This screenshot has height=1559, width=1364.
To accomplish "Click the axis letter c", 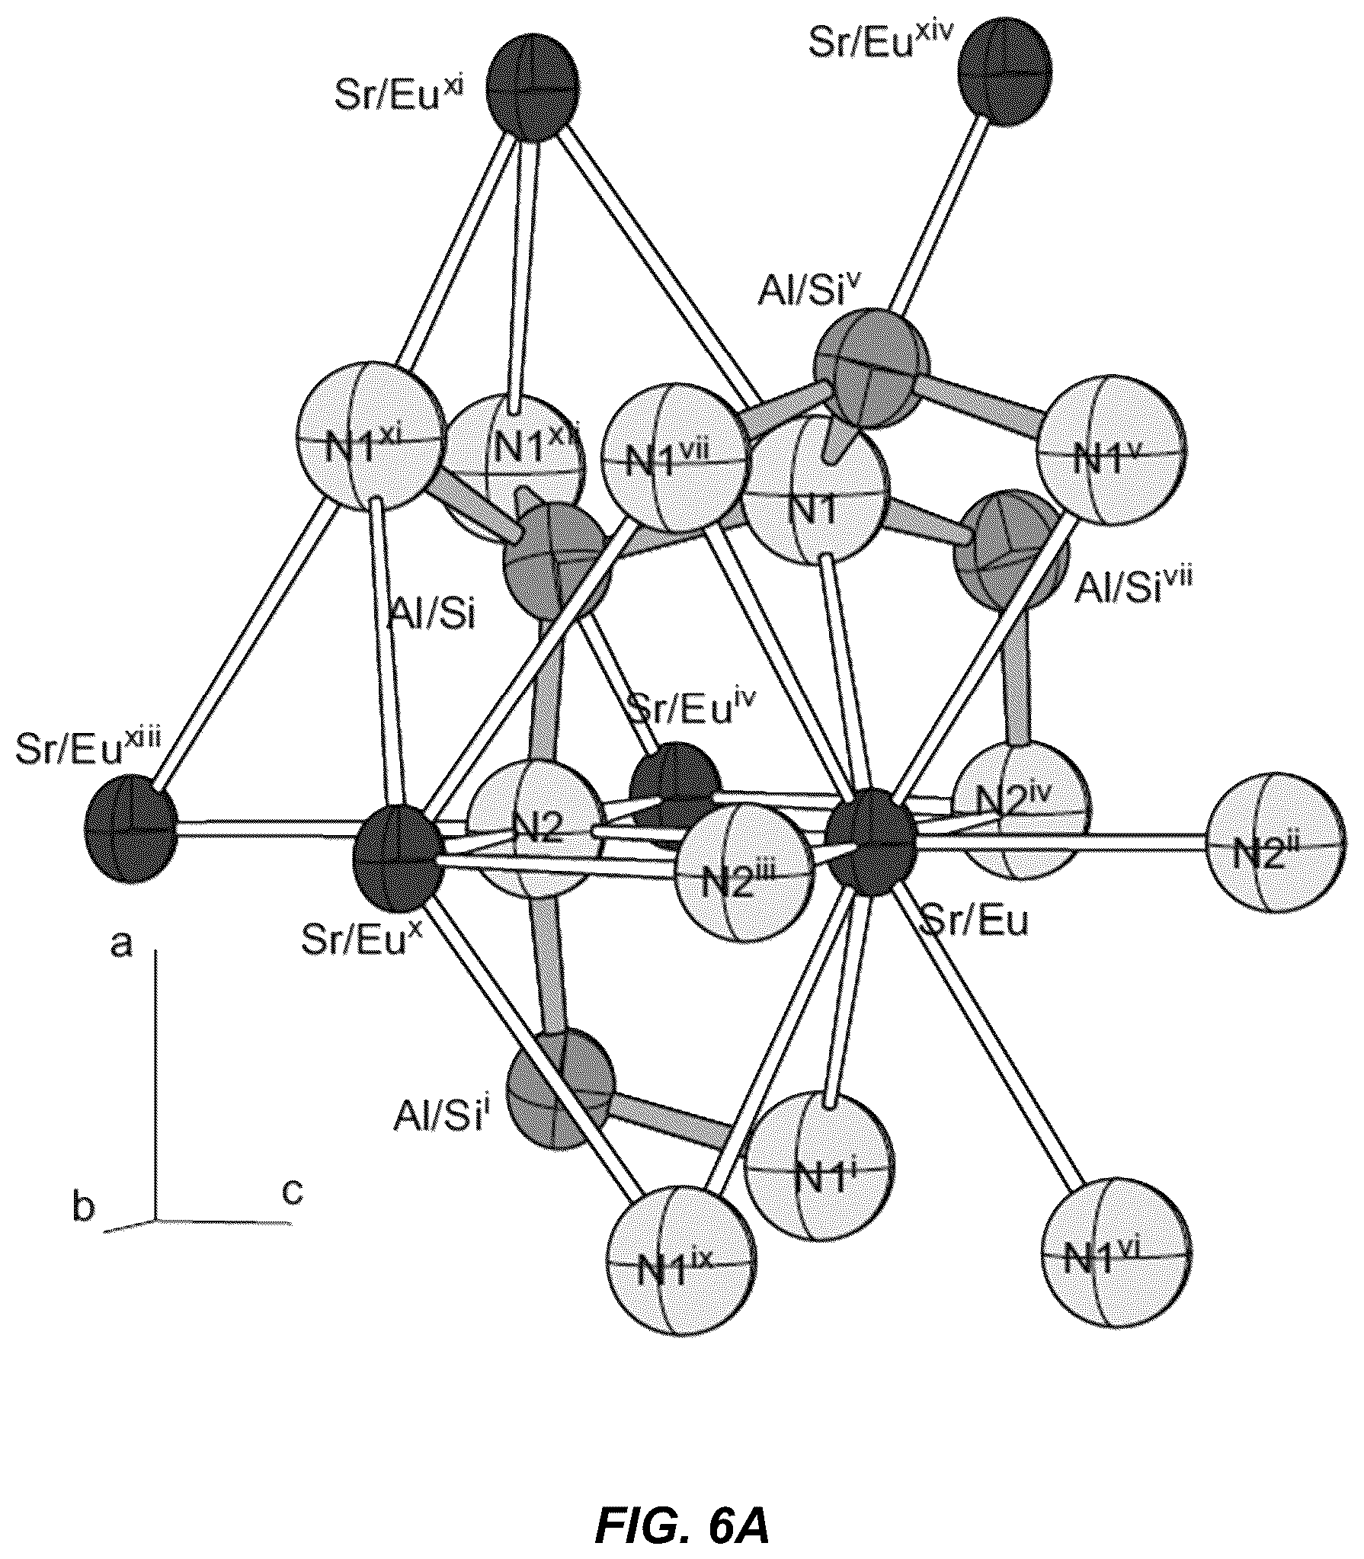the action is tap(293, 1190).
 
